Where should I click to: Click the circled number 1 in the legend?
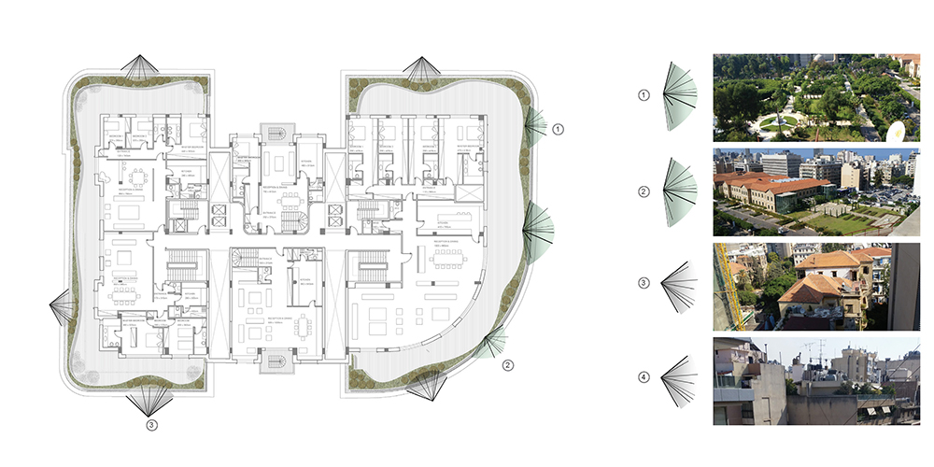[643, 95]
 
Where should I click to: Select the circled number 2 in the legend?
[643, 192]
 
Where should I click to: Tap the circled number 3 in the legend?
[643, 282]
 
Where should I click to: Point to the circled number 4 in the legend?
[643, 378]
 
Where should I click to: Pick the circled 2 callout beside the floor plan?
[507, 365]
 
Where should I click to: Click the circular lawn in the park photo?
[778, 120]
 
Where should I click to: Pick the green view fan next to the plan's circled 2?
[490, 344]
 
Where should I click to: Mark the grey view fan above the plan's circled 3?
[149, 400]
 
